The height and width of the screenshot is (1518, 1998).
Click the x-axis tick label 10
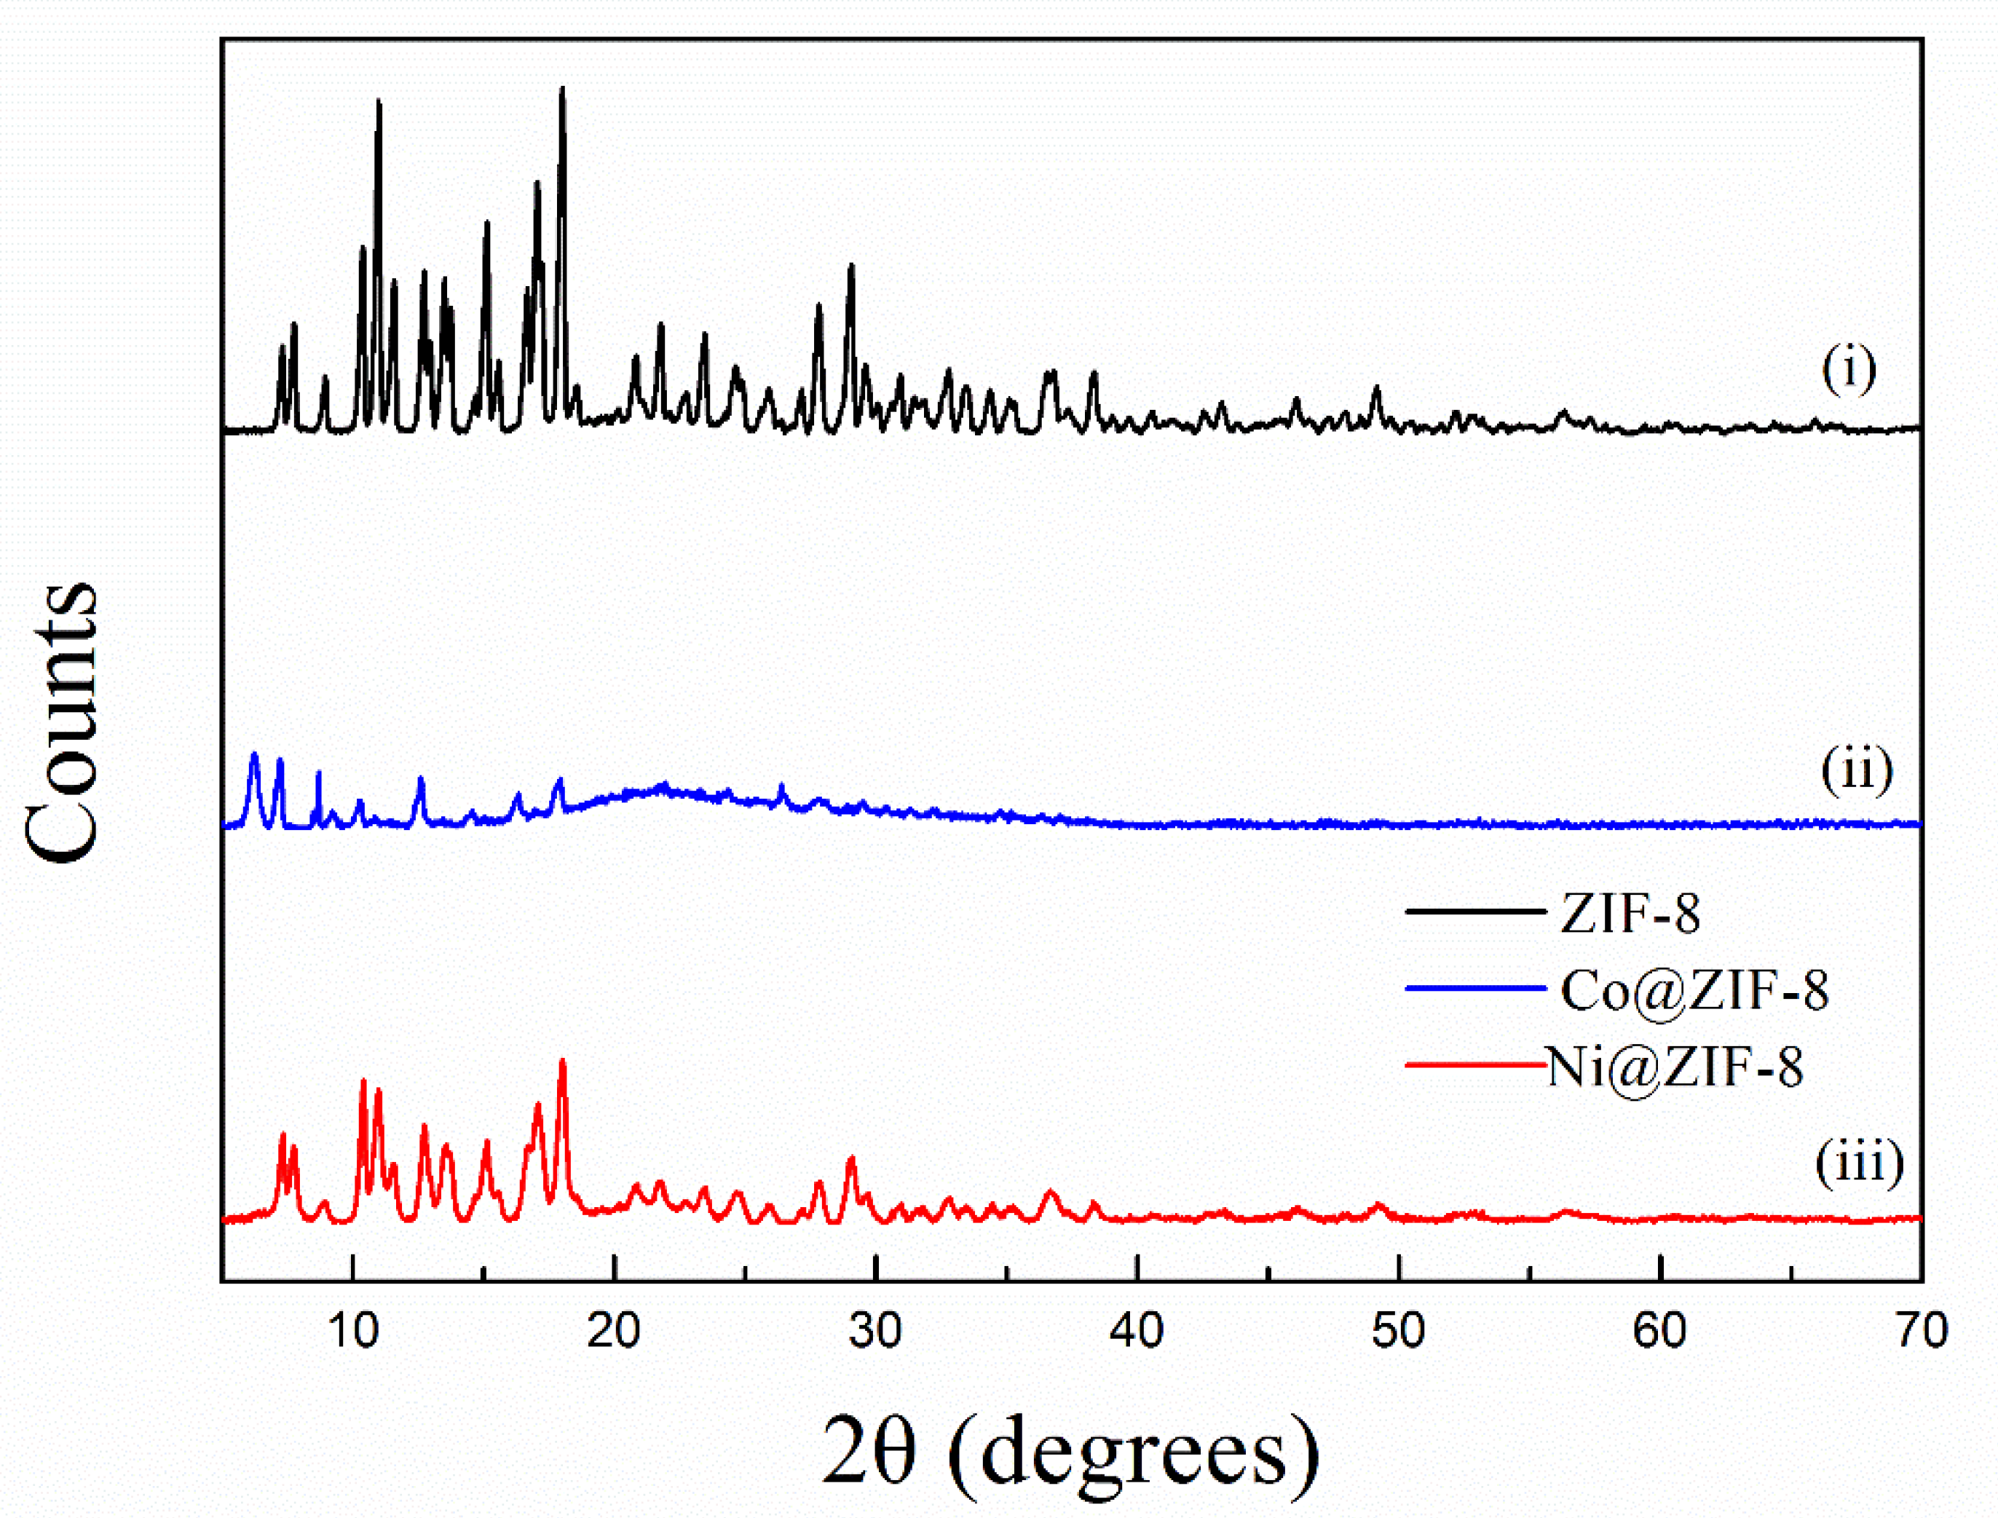click(x=352, y=1331)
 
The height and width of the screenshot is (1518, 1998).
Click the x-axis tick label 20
click(x=614, y=1331)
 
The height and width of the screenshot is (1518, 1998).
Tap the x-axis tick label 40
click(x=1137, y=1331)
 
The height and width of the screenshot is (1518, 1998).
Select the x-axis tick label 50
click(x=1399, y=1331)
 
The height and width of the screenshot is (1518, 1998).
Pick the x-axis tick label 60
click(x=1660, y=1331)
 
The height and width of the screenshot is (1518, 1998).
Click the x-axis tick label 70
click(x=1920, y=1331)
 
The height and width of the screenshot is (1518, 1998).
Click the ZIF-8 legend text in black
click(x=1630, y=914)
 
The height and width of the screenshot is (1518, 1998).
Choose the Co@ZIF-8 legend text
click(x=1694, y=990)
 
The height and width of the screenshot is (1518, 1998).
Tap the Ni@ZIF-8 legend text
click(x=1675, y=1067)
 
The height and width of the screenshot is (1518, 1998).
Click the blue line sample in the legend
click(x=1474, y=989)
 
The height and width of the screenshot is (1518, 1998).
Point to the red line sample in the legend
click(x=1474, y=1065)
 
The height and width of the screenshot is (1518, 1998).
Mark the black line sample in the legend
click(x=1474, y=912)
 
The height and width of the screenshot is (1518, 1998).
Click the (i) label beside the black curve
click(x=1849, y=370)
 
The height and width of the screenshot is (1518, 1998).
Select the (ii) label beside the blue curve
click(x=1856, y=771)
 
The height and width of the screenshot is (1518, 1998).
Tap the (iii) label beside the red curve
click(x=1860, y=1162)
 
